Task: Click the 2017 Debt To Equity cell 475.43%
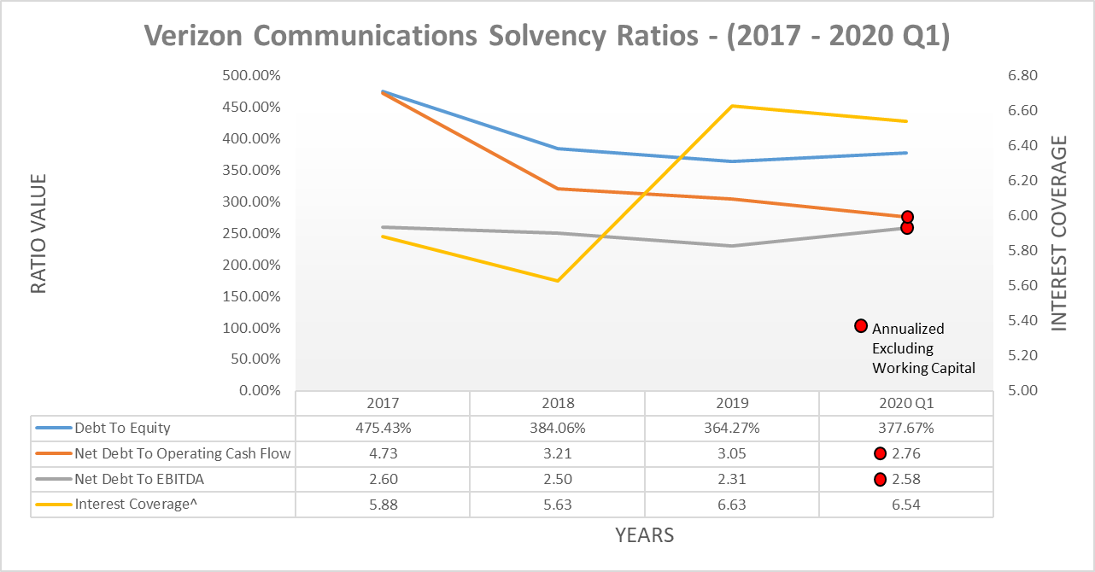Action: (383, 429)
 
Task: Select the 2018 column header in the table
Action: (557, 404)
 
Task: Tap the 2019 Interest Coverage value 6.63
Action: (731, 505)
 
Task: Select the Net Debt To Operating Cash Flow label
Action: (182, 454)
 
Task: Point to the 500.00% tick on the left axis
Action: (251, 75)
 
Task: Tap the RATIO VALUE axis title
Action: (38, 234)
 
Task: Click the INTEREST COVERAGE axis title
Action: (1059, 232)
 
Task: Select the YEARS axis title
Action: (644, 535)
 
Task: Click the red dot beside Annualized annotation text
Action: (861, 325)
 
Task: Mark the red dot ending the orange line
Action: (907, 217)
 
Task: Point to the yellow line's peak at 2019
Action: (732, 106)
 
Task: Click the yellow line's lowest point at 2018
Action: (558, 280)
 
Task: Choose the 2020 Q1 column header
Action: (905, 404)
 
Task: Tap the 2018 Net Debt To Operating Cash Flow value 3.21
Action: (557, 454)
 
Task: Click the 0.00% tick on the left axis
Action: (257, 391)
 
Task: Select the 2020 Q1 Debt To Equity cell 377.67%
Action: (905, 429)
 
